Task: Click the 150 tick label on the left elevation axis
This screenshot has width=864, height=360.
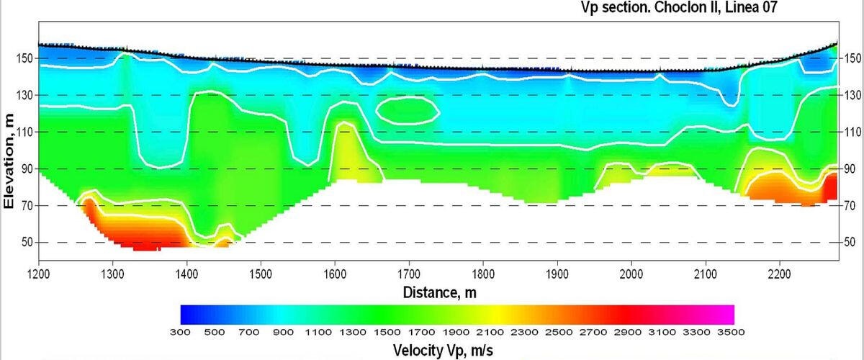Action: click(25, 58)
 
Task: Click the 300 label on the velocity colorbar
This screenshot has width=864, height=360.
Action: click(180, 332)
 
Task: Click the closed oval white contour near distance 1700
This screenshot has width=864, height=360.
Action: click(408, 109)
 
